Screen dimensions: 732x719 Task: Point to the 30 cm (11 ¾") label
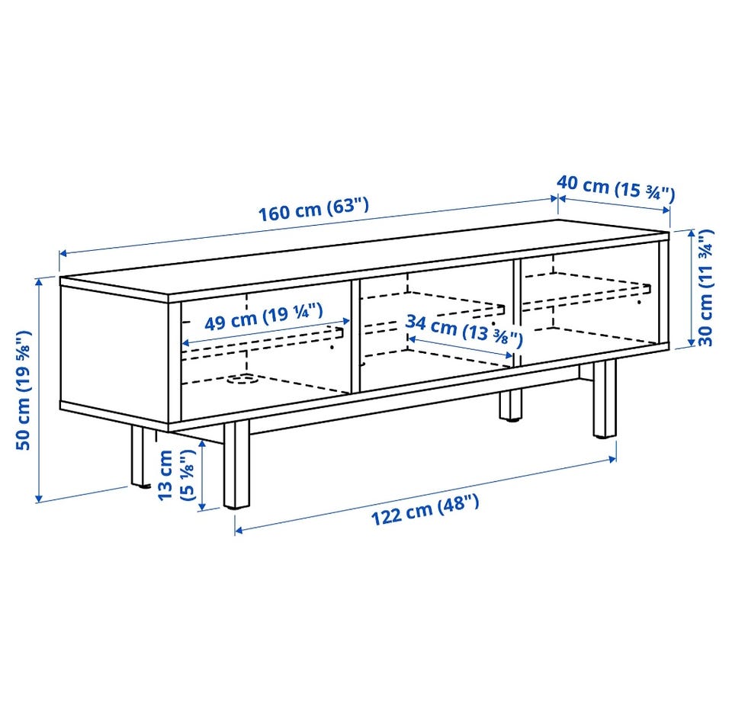pos(705,287)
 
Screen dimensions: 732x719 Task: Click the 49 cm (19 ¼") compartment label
pos(264,317)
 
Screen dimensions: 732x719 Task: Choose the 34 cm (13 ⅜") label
pos(464,331)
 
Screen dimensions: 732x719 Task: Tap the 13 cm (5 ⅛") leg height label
pos(175,475)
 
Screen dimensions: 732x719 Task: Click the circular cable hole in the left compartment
pos(242,380)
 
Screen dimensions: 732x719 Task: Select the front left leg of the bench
pos(236,464)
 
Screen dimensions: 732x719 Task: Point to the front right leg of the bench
pos(605,400)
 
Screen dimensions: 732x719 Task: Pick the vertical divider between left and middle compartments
pos(355,336)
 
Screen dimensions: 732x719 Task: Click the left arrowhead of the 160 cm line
pos(63,253)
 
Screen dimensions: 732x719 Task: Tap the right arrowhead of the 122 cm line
pos(612,459)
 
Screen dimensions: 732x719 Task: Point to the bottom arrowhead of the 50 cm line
pos(39,499)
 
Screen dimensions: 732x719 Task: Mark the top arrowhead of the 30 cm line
pos(692,233)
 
